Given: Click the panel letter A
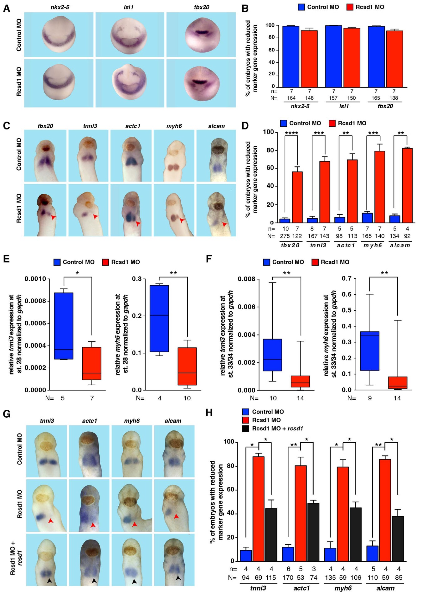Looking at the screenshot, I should pos(6,8).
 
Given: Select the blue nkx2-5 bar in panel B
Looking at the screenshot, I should pos(291,56).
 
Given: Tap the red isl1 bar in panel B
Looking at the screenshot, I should pos(352,58).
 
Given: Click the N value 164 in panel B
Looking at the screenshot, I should pos(291,98).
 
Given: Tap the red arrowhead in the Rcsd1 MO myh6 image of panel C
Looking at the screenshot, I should pos(182,221).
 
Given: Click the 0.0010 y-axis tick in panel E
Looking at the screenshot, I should pos(35,279).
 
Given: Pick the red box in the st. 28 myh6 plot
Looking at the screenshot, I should pos(187,366).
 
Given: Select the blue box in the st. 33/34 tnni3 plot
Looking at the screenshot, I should pos(272,355).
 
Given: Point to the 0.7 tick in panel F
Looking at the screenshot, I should pos(346,278).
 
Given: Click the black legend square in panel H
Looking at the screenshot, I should pos(246,429).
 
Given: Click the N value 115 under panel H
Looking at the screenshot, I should pos(271,578).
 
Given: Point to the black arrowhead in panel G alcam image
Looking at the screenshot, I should pos(178,577).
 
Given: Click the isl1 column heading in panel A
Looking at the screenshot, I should pos(128,7).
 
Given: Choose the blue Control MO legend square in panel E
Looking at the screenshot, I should pos(57,262).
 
